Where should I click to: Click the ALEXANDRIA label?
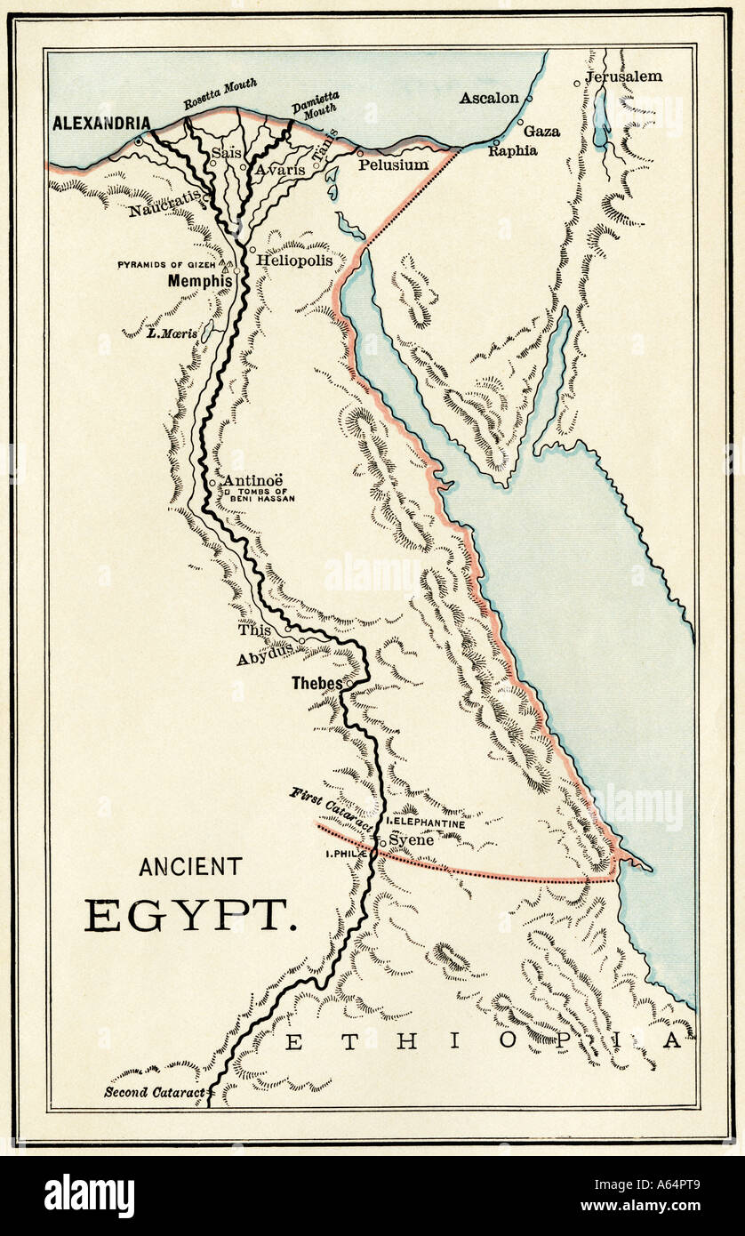tap(100, 124)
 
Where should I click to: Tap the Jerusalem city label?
tap(623, 76)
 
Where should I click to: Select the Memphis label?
tap(200, 281)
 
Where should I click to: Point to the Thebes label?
tap(317, 684)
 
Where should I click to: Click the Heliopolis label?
tap(295, 261)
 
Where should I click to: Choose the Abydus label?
tap(265, 659)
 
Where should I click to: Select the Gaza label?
tap(541, 131)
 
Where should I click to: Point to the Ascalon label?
tap(488, 98)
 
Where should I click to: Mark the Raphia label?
tap(512, 150)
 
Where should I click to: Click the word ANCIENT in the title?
tap(190, 866)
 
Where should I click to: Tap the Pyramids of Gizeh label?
tap(168, 265)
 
